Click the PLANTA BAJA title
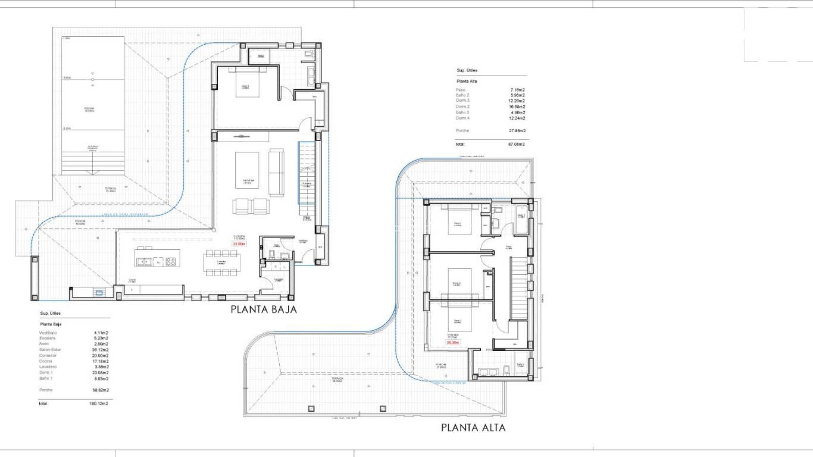(263, 309)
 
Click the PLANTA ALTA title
(473, 427)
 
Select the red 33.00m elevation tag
(239, 243)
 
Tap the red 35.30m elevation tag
(453, 342)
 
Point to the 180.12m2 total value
(99, 403)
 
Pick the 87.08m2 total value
(516, 144)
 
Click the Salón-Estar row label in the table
(50, 350)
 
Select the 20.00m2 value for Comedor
(101, 356)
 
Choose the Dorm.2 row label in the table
(463, 107)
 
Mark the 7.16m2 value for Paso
(517, 90)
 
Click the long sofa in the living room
(277, 173)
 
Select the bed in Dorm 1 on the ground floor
(245, 84)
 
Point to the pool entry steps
(92, 161)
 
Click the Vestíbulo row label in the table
(48, 333)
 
